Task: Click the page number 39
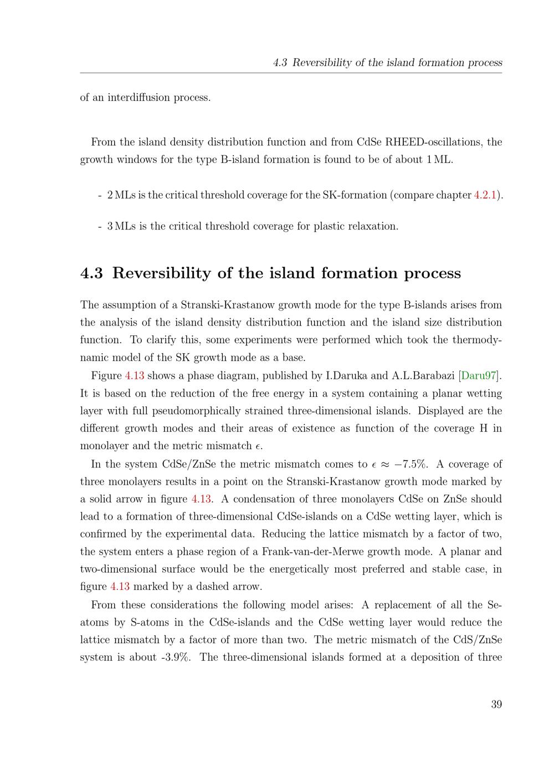click(x=496, y=704)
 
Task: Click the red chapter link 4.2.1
click(x=485, y=195)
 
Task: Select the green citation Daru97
click(x=478, y=376)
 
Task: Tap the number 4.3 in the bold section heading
click(x=91, y=273)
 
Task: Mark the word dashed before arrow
click(x=210, y=587)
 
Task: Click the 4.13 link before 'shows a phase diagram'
click(x=135, y=376)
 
